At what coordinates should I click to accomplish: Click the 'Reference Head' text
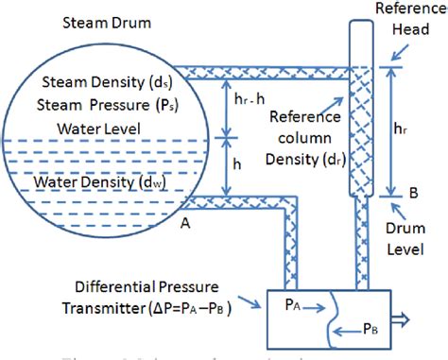coord(405,19)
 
